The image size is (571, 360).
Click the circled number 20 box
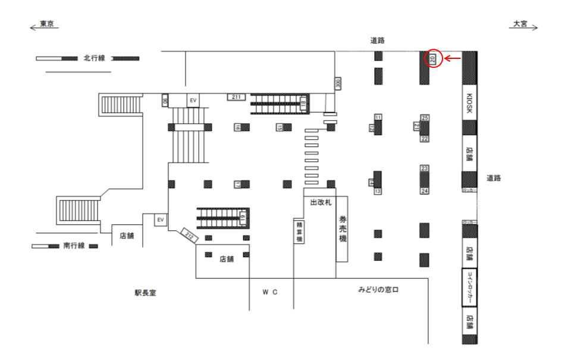click(x=433, y=58)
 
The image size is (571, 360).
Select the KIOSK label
click(x=469, y=103)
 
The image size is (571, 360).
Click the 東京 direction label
click(x=47, y=24)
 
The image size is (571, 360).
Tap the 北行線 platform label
click(x=94, y=58)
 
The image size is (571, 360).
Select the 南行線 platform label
click(x=74, y=245)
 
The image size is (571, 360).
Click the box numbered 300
click(x=338, y=83)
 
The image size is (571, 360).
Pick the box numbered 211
click(x=236, y=96)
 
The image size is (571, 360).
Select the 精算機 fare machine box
click(x=299, y=231)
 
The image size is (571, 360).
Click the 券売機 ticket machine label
click(x=342, y=229)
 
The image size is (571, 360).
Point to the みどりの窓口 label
click(x=378, y=290)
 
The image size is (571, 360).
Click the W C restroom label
click(x=271, y=292)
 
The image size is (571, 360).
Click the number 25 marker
click(x=425, y=118)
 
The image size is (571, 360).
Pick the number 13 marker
click(x=377, y=191)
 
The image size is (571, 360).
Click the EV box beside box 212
click(x=160, y=220)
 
